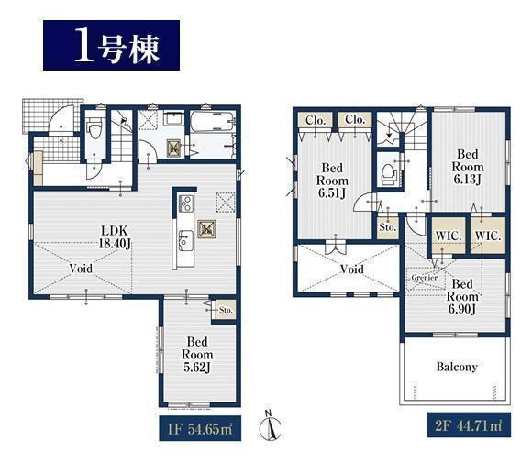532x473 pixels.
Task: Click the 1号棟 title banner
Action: pyautogui.click(x=111, y=46)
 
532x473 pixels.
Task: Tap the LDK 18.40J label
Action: pyautogui.click(x=115, y=237)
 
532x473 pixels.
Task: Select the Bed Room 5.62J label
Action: pyautogui.click(x=197, y=355)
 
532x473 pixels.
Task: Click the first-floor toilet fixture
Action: pyautogui.click(x=94, y=129)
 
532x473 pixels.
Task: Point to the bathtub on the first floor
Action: pyautogui.click(x=212, y=122)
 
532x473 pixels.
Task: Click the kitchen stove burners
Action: pyautogui.click(x=186, y=203)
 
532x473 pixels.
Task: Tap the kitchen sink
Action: pyautogui.click(x=185, y=241)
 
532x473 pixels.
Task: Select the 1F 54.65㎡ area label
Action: pyautogui.click(x=200, y=429)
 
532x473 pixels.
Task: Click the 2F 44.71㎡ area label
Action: pyautogui.click(x=469, y=425)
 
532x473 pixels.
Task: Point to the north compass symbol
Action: pyautogui.click(x=270, y=426)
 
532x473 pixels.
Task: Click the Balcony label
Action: pyautogui.click(x=457, y=367)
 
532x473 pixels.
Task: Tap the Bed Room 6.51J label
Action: pyautogui.click(x=332, y=181)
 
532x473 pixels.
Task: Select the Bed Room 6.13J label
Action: pyautogui.click(x=468, y=167)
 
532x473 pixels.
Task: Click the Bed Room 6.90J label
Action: pyautogui.click(x=462, y=296)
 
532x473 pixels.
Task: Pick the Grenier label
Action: pyautogui.click(x=424, y=278)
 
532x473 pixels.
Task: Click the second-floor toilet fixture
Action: pyautogui.click(x=389, y=174)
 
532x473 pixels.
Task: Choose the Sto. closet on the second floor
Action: pyautogui.click(x=388, y=227)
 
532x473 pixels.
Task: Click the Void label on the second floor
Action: pyautogui.click(x=352, y=269)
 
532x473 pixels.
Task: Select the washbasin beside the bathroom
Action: pyautogui.click(x=173, y=118)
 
